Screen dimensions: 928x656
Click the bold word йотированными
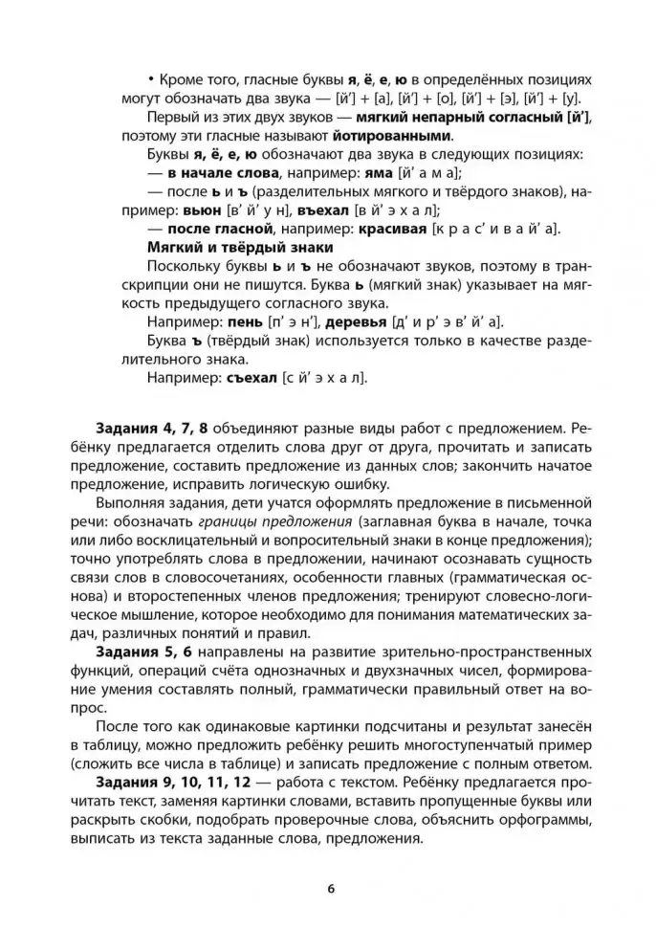(x=393, y=136)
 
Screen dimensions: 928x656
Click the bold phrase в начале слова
(x=222, y=173)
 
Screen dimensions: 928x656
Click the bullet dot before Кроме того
(x=151, y=81)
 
